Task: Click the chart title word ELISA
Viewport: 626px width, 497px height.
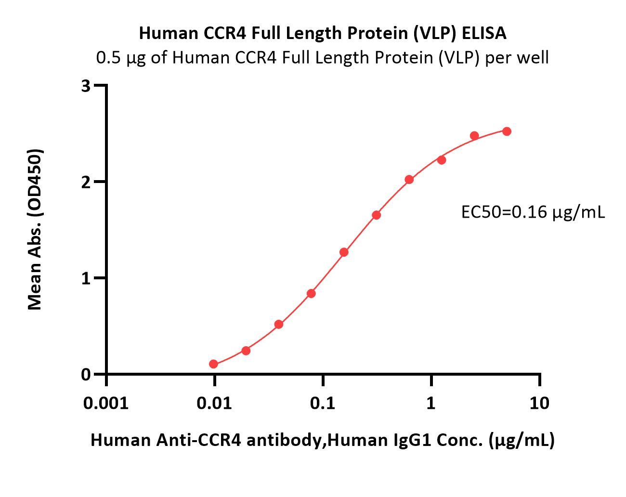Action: pos(484,33)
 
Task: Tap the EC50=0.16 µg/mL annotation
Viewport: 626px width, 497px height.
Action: pos(533,212)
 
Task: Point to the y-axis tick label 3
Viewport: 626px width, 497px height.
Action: pos(86,86)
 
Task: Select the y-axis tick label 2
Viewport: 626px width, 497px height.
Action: pos(86,182)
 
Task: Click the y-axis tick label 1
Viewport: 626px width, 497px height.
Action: pos(86,278)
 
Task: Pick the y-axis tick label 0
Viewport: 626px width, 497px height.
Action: pos(86,374)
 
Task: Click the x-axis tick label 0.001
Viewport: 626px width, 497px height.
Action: pos(106,403)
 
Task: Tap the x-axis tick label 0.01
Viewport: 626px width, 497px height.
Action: pos(214,403)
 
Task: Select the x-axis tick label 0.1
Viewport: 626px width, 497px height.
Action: pos(323,403)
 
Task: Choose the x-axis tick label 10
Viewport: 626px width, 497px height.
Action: pos(539,403)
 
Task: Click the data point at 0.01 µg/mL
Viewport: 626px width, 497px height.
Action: pos(214,364)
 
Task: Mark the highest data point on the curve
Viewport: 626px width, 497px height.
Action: pos(507,131)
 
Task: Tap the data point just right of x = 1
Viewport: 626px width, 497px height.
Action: pos(442,160)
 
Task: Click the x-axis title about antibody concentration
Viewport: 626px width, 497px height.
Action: pos(322,440)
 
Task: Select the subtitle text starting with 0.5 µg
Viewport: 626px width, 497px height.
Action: pos(322,58)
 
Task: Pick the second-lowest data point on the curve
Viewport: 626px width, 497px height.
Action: pos(246,351)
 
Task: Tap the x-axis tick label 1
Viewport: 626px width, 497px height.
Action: pos(431,403)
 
